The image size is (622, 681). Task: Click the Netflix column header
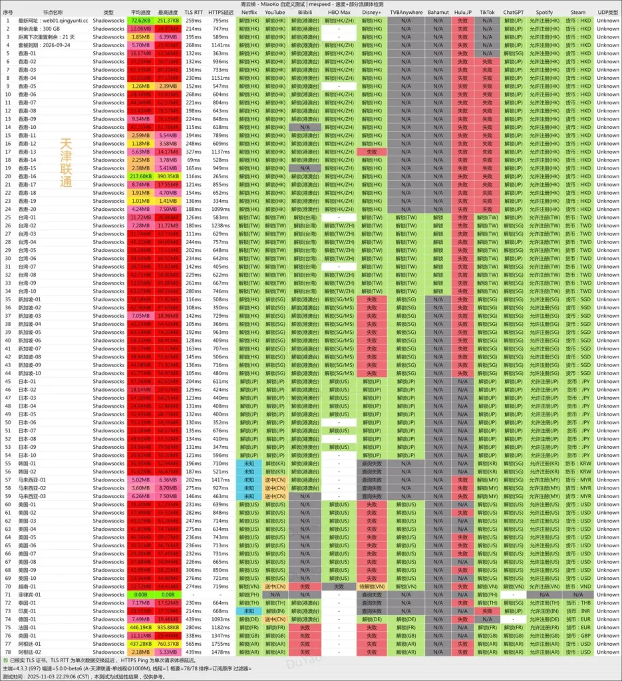coord(249,12)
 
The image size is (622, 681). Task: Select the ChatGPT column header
coord(513,12)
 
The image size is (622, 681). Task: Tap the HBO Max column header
coord(339,12)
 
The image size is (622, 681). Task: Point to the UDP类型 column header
coord(607,12)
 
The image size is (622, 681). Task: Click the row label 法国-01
coord(29,627)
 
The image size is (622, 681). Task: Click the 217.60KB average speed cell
coord(141,176)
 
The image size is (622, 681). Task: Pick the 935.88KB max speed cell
coord(168,627)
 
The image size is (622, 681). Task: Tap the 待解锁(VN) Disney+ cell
coord(373,587)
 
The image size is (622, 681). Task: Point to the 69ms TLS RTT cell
coord(194,160)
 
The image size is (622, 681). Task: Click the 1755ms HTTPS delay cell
coord(220,643)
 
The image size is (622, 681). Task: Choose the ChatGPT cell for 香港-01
coord(513,53)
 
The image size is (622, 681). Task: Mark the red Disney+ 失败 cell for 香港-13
coord(373,152)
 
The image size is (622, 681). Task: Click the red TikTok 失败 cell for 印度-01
coord(487,611)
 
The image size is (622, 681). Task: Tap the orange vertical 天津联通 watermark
coord(66,163)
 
